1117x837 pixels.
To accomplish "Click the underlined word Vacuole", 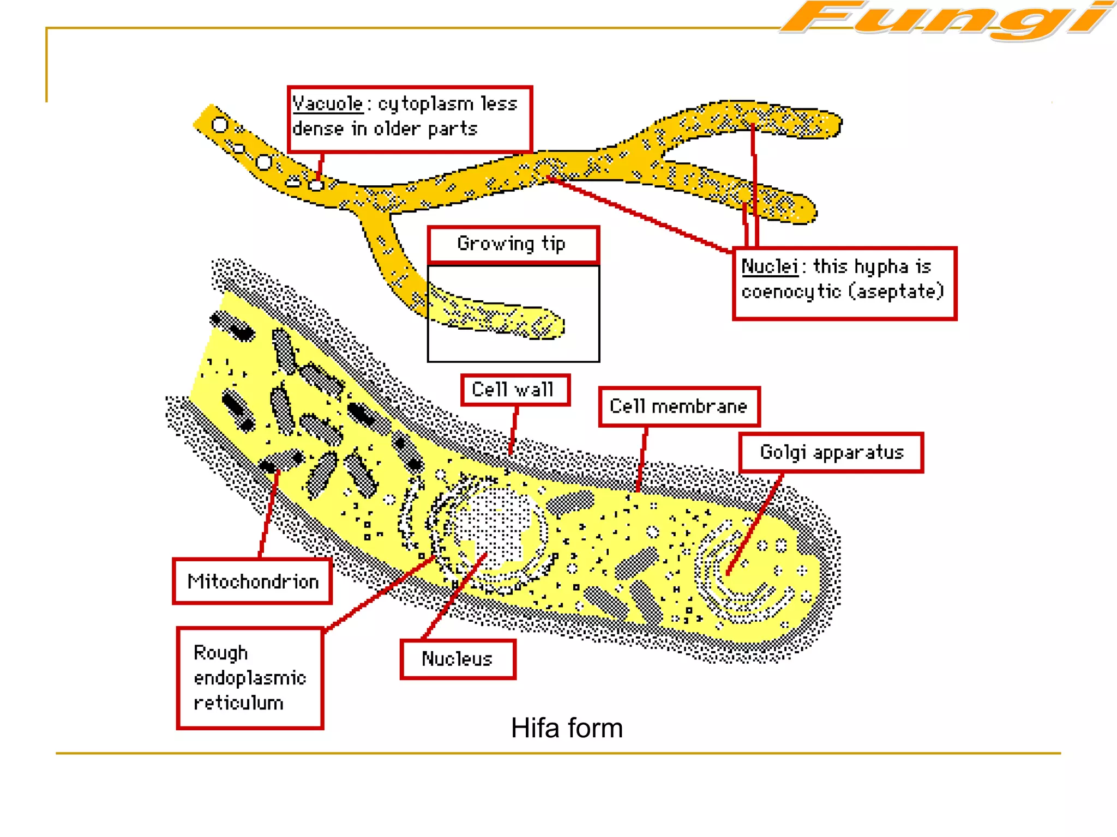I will pyautogui.click(x=328, y=104).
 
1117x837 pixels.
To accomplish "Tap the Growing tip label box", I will pyautogui.click(x=513, y=244).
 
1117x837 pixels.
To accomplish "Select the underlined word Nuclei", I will pyautogui.click(x=770, y=267).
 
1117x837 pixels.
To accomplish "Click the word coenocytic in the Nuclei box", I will pyautogui.click(x=791, y=292).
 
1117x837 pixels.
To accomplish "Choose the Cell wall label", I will pyautogui.click(x=515, y=390).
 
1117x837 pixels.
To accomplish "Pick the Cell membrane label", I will pyautogui.click(x=678, y=407).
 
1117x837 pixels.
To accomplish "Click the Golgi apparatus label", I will pyautogui.click(x=831, y=452).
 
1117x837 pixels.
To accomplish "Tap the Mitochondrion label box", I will pyautogui.click(x=253, y=581).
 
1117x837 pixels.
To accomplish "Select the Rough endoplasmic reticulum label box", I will pyautogui.click(x=250, y=678).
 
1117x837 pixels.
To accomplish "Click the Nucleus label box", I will pyautogui.click(x=458, y=659).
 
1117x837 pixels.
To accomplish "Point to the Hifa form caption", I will pyautogui.click(x=567, y=728).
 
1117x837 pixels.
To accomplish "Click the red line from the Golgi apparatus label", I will pyautogui.click(x=755, y=523).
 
